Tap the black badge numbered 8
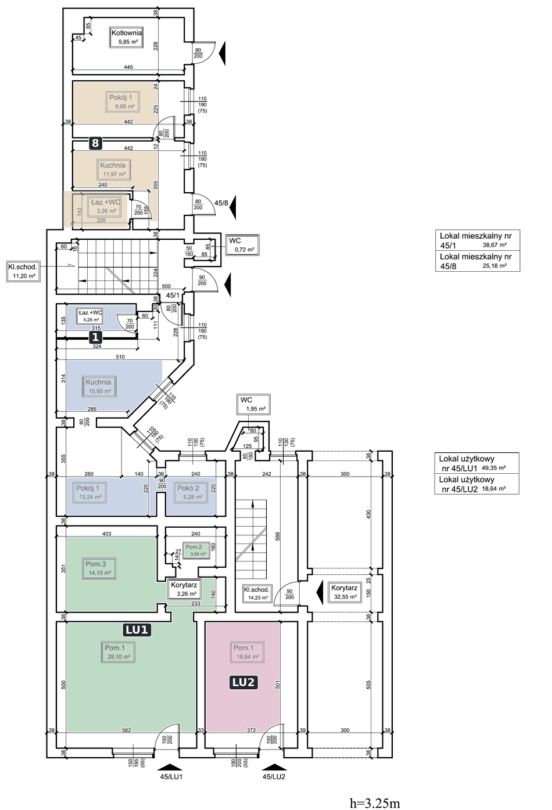pyautogui.click(x=95, y=143)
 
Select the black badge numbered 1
pyautogui.click(x=95, y=337)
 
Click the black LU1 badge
pyautogui.click(x=137, y=629)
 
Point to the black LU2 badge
pyautogui.click(x=243, y=682)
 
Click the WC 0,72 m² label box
pyautogui.click(x=242, y=245)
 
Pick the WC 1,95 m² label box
pyautogui.click(x=253, y=404)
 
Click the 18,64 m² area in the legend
pyautogui.click(x=494, y=488)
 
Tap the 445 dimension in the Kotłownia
pyautogui.click(x=128, y=67)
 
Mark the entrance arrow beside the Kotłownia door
pyautogui.click(x=222, y=53)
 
